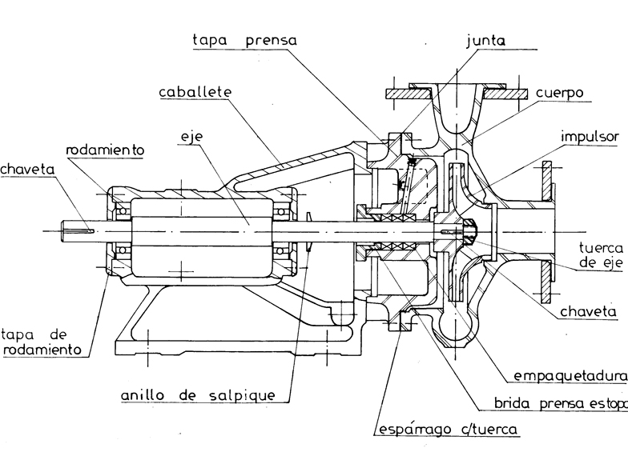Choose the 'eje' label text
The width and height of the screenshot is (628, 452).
pos(192,137)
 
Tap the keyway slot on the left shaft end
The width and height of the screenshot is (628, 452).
pos(82,231)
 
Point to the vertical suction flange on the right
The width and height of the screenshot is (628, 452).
pos(546,232)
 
